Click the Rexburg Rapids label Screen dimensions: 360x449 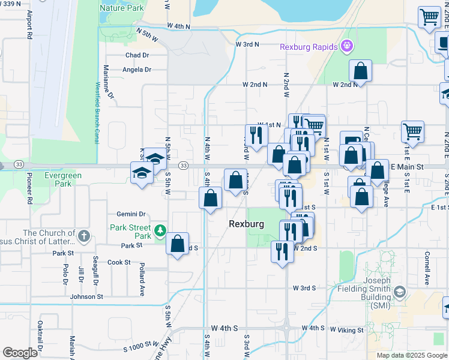tap(309, 47)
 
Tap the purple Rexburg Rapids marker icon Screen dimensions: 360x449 tap(346, 46)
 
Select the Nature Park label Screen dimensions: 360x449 tap(121, 8)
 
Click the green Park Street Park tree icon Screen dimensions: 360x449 tap(160, 230)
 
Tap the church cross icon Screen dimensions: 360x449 tap(83, 236)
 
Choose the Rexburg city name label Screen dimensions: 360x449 tap(246, 224)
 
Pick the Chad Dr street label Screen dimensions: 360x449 tap(137, 55)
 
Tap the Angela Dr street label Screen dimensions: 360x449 tap(137, 70)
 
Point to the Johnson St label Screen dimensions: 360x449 tap(86, 296)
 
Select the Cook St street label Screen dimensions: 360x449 tap(119, 262)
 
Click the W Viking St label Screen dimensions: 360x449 tap(346, 330)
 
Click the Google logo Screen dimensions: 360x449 tap(20, 353)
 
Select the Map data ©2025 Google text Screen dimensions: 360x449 tap(412, 355)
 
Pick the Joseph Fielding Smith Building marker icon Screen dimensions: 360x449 tap(400, 293)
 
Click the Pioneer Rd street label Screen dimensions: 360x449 tap(29, 189)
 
